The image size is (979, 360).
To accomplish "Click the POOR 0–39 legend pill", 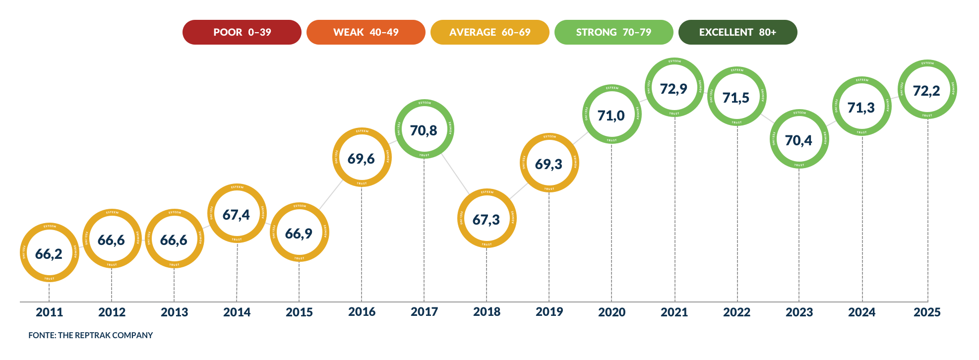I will pos(242,32).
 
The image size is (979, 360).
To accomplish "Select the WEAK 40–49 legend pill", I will pos(366,32).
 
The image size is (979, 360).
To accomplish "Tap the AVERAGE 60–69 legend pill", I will pos(490,32).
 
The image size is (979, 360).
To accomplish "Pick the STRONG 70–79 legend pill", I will pos(614,32).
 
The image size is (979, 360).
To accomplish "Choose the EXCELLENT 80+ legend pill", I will pos(738,32).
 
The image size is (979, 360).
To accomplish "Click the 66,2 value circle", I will pos(49,253).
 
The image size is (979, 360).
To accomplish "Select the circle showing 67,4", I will pos(237,214).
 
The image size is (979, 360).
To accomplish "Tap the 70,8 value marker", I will pos(424,129).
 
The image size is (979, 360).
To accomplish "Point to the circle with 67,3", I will pos(487,219).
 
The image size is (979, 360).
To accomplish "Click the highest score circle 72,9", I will pos(674,88).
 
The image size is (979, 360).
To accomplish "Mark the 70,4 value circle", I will pos(799,139).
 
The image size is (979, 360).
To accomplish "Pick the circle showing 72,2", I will pos(927,90).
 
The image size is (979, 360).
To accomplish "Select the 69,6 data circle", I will pos(362,158).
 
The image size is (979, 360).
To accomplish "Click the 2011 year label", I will pos(50,312).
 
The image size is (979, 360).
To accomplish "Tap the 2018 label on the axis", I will pos(487,312).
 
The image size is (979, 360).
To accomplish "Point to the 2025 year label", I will pos(927,312).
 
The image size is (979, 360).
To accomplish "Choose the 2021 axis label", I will pos(674,312).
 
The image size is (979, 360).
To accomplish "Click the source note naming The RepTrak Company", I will pos(91,336).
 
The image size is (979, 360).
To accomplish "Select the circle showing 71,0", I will pos(612,115).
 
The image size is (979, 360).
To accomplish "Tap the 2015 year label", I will pos(300,312).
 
